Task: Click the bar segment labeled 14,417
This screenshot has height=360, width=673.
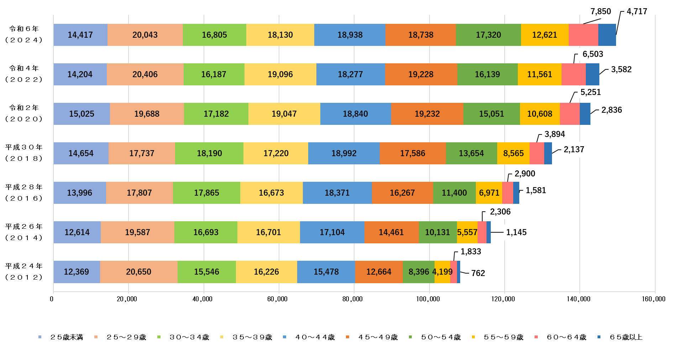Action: (x=80, y=35)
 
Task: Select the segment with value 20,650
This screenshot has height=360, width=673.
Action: (x=138, y=272)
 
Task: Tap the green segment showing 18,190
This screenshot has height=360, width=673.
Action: (x=209, y=153)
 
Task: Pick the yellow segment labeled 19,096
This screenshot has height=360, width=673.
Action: (x=280, y=74)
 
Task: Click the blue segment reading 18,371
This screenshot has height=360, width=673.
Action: (x=337, y=193)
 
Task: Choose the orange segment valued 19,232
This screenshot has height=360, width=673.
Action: (x=427, y=114)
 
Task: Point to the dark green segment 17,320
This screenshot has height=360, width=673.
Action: (x=488, y=35)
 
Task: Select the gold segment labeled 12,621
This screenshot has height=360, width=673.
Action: (x=545, y=35)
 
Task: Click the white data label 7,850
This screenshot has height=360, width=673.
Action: (x=601, y=11)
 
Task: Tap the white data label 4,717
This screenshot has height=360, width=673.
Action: (x=637, y=11)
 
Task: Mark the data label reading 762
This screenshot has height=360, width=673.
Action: (x=478, y=273)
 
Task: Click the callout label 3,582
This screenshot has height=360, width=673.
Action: (x=621, y=69)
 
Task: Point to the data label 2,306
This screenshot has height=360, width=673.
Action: (x=500, y=212)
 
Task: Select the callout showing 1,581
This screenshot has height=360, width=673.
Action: (x=536, y=190)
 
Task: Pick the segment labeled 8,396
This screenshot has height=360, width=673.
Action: (x=418, y=272)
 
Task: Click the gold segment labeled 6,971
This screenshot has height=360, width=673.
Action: (x=489, y=193)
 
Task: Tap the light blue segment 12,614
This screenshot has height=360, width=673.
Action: (x=77, y=232)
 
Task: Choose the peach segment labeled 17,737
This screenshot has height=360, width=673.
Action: (x=142, y=153)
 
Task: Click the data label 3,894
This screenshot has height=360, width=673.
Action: (x=554, y=134)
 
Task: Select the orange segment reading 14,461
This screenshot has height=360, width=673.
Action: (x=391, y=232)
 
